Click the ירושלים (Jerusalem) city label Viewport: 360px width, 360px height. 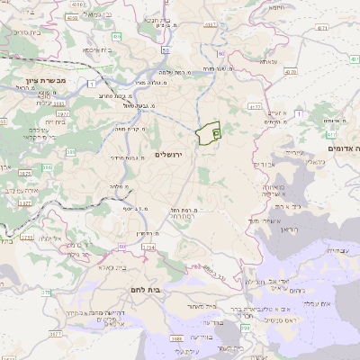168,155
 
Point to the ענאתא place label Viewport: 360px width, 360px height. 269,62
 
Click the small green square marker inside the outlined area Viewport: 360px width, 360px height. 216,132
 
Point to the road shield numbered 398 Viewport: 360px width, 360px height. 246,281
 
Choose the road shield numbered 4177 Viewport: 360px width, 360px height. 212,23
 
